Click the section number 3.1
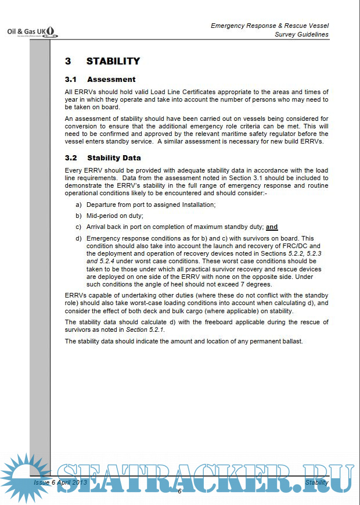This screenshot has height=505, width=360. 71,80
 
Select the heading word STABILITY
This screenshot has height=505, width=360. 113,61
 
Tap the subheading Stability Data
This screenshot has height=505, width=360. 114,157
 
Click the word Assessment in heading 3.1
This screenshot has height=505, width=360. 111,80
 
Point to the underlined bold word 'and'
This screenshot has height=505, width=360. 272,227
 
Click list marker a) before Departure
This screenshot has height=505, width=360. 78,205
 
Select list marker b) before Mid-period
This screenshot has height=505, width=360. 78,216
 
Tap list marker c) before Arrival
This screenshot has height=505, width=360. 78,227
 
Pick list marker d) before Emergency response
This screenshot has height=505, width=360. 78,238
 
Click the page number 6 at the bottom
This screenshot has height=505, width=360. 179,492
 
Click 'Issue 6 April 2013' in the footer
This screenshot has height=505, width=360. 60,482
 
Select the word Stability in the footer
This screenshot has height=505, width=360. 316,482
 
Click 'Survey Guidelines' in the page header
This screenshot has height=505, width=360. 301,34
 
